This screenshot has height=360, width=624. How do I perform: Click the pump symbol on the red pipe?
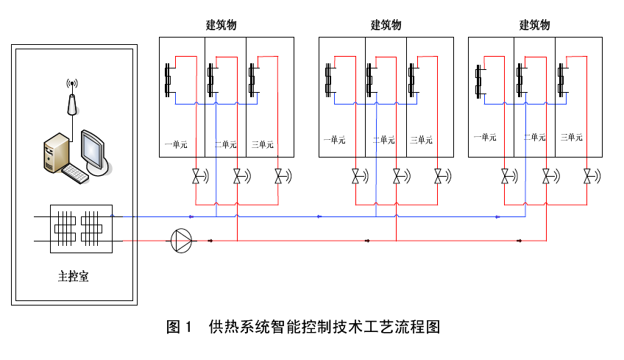point(181,241)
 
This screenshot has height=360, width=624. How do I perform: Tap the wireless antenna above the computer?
point(71,96)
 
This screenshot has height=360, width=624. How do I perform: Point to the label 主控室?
point(74,278)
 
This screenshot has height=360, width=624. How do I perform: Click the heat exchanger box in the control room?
point(81,228)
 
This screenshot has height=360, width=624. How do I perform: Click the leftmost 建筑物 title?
point(221,25)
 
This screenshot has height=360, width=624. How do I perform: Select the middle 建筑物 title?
point(386,25)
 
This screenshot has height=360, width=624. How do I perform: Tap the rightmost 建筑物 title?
point(535,25)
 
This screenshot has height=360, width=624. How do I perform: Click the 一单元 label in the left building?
point(176,144)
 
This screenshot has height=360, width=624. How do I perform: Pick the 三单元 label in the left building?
point(263,144)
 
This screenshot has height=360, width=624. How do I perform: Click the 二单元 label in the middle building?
point(384,140)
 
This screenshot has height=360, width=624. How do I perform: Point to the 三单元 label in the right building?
point(572,137)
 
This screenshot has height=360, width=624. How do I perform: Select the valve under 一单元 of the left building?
point(196,177)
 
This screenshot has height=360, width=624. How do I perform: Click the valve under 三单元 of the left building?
point(279,177)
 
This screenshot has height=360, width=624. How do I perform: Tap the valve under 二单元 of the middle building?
point(397,177)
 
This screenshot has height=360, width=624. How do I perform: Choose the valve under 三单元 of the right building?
point(587,177)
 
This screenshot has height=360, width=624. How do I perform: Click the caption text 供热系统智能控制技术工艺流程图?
point(324,327)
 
